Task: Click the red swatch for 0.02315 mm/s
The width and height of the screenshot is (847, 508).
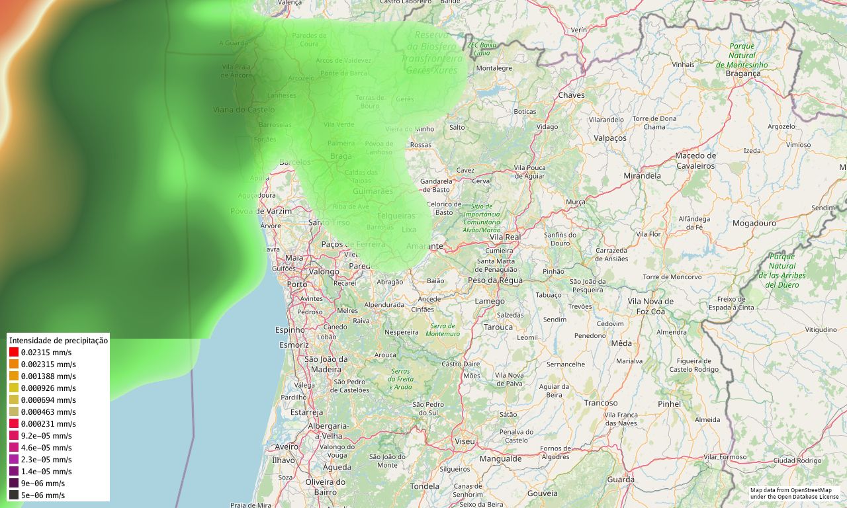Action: [x=13, y=353]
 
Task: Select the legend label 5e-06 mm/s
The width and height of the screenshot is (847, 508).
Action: [x=43, y=495]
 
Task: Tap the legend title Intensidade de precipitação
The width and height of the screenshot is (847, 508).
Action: [x=58, y=340]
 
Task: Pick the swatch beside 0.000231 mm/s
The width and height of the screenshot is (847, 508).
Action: [x=13, y=424]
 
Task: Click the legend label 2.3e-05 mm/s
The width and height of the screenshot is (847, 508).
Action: [x=46, y=459]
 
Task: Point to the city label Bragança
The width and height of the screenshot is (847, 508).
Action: [x=743, y=74]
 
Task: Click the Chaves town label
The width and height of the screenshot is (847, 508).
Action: [x=572, y=95]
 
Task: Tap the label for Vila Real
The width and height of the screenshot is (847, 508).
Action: [x=505, y=236]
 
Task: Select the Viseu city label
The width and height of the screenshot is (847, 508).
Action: [x=465, y=441]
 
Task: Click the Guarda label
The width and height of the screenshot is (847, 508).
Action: [x=621, y=480]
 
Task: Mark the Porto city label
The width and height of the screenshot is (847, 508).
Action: [x=297, y=284]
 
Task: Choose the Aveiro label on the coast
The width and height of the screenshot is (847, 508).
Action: [x=287, y=446]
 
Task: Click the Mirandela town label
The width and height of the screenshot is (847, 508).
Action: [x=642, y=176]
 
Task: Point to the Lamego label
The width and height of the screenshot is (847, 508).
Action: [x=490, y=302]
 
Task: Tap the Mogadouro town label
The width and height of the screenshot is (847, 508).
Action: [x=754, y=224]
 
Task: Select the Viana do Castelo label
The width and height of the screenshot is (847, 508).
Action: [x=244, y=110]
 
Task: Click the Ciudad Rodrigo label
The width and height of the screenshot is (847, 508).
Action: [x=797, y=460]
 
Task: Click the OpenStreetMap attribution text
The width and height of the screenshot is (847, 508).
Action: [x=794, y=493]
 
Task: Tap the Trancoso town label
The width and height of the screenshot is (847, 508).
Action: [x=601, y=403]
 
